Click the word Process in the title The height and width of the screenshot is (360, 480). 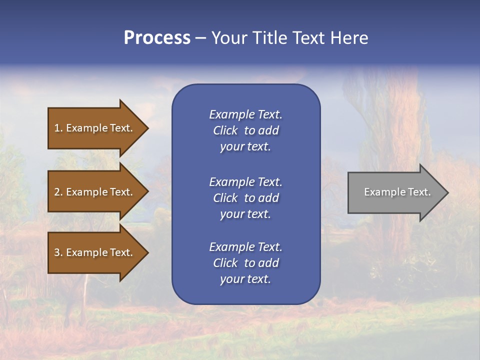pos(157,38)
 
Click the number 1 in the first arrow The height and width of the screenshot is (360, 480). pos(57,128)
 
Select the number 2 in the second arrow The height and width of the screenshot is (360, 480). pos(57,192)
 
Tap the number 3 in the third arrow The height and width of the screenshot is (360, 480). pos(57,252)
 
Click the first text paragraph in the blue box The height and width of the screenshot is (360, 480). pos(245,130)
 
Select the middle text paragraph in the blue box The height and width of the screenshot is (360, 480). pos(245,198)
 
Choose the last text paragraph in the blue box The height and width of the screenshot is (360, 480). pos(245,263)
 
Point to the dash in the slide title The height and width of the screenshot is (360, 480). pos(200,38)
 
